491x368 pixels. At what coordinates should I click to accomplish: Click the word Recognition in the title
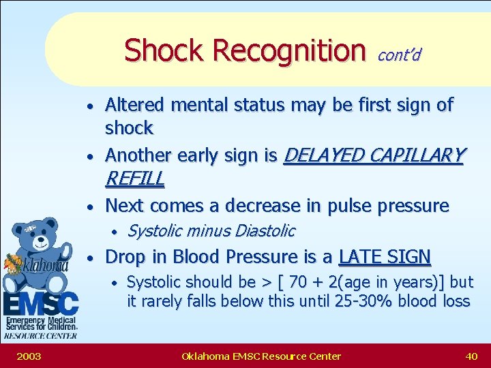tap(289, 50)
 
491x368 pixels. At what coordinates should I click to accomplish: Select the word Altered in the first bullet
tap(135, 105)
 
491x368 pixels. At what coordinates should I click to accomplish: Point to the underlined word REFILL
tap(134, 179)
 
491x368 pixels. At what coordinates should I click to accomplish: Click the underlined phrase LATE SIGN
tap(385, 257)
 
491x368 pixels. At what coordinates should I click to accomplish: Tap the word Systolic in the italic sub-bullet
tap(155, 231)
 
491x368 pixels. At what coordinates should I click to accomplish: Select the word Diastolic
tap(265, 231)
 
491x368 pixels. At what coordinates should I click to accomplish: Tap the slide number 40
tap(471, 356)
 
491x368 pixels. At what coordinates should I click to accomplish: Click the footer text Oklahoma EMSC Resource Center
tap(261, 356)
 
